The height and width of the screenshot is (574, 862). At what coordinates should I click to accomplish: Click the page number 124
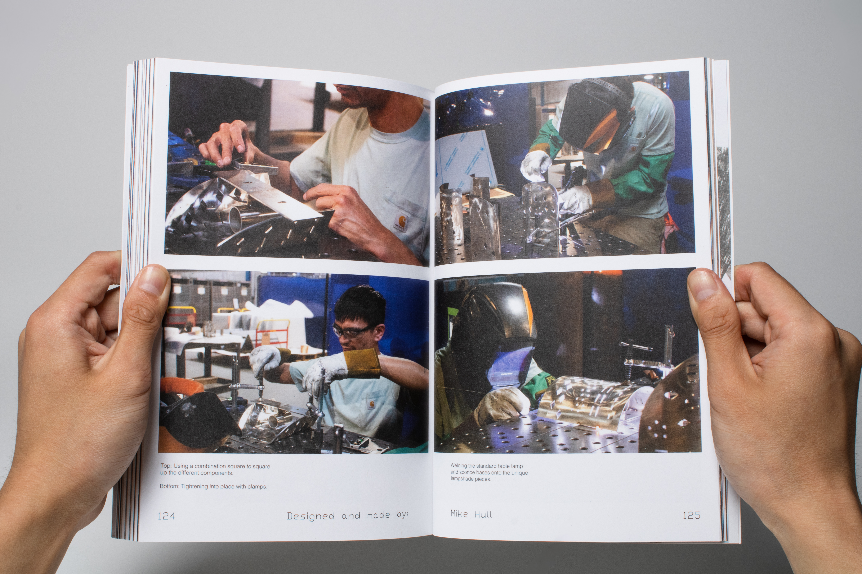[166, 516]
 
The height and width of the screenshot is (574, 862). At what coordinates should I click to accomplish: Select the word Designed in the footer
[311, 516]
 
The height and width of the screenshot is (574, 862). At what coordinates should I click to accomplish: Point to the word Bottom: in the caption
[170, 486]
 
